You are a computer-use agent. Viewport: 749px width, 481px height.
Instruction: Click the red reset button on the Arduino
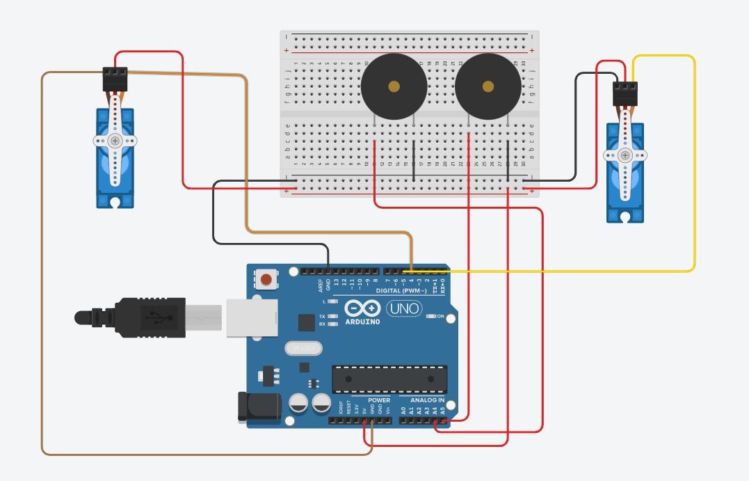(266, 280)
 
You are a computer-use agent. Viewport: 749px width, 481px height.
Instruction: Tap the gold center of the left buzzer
(394, 86)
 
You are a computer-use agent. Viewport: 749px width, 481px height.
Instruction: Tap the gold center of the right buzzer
(488, 86)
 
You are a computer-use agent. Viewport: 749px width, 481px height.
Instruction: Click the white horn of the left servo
(115, 141)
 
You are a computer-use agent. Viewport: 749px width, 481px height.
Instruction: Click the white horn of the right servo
(625, 155)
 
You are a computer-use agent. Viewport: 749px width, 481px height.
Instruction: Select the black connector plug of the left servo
(115, 79)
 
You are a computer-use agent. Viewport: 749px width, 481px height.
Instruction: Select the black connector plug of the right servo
(625, 93)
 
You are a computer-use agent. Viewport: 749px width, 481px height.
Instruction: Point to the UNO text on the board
(404, 308)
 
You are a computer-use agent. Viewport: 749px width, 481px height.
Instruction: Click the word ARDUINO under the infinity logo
(362, 322)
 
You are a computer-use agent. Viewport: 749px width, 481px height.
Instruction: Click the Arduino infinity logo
(362, 308)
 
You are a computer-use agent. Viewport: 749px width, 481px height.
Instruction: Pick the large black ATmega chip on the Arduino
(389, 379)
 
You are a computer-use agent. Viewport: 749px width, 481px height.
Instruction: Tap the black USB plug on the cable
(150, 318)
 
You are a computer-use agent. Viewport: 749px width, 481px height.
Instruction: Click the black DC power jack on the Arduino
(259, 407)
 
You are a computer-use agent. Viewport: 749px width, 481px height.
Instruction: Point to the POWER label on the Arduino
(379, 400)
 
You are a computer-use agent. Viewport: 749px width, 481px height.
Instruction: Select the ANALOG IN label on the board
(427, 400)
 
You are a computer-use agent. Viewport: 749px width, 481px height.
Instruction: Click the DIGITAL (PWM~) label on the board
(401, 290)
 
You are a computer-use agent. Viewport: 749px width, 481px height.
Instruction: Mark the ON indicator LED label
(440, 317)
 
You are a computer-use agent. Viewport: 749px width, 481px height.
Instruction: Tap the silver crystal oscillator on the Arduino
(303, 347)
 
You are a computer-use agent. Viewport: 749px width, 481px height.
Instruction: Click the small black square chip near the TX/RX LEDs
(306, 322)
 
